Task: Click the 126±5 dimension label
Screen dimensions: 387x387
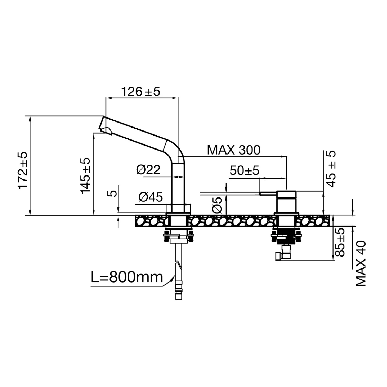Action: pyautogui.click(x=140, y=92)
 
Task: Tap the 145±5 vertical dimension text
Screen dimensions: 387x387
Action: pyautogui.click(x=86, y=175)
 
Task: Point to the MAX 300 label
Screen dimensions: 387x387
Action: pyautogui.click(x=233, y=150)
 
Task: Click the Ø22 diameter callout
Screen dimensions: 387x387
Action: pyautogui.click(x=148, y=170)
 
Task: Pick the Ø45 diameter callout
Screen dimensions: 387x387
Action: pyautogui.click(x=150, y=197)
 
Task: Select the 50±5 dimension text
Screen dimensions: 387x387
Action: pyautogui.click(x=244, y=171)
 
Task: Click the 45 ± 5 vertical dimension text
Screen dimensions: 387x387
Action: pyautogui.click(x=331, y=168)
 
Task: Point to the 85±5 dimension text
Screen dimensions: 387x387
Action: pyautogui.click(x=340, y=242)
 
